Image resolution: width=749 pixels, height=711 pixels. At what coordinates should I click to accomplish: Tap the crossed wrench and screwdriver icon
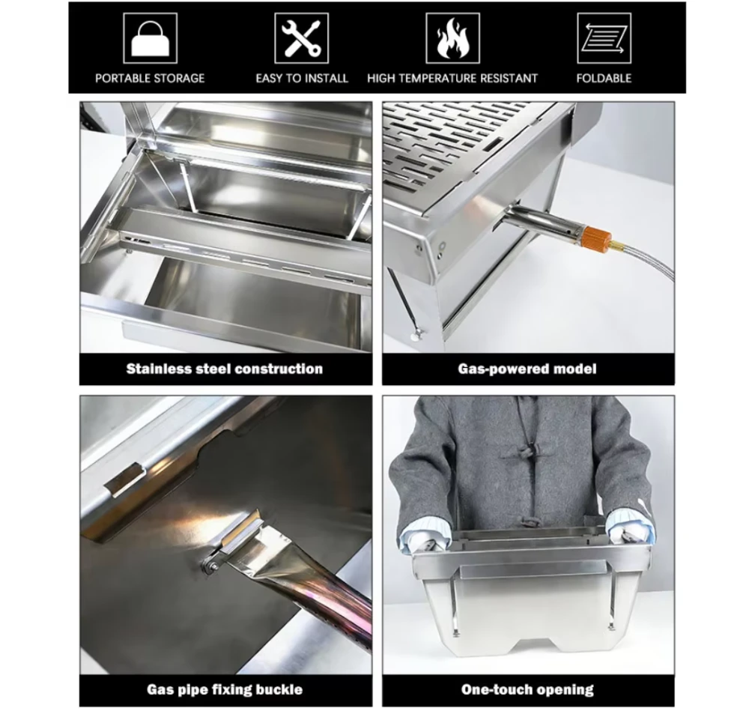301,38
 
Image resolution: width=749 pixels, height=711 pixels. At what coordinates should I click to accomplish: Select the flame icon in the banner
453,38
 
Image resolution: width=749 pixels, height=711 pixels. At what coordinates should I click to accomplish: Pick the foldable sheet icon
604,38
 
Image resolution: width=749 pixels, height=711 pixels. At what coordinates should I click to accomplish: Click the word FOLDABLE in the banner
604,78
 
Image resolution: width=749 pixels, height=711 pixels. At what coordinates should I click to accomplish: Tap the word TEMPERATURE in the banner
442,78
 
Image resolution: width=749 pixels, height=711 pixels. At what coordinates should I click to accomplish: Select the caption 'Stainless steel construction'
225,369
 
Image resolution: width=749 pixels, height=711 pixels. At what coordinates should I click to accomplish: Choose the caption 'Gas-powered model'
527,369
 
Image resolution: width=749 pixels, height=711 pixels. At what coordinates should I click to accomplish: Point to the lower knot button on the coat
527,521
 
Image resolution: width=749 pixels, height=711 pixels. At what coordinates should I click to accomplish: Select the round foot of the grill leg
417,334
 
